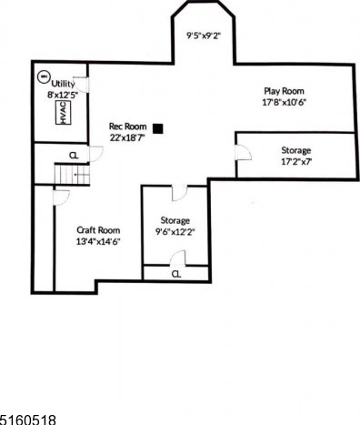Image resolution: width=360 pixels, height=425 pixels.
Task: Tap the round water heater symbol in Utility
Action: pyautogui.click(x=43, y=78)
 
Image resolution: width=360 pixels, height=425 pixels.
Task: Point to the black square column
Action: pyautogui.click(x=158, y=128)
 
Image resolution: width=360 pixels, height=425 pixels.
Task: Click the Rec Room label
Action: pyautogui.click(x=127, y=126)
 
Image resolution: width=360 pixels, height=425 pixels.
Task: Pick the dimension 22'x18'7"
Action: pyautogui.click(x=128, y=137)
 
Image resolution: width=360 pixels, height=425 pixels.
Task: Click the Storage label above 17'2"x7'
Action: pyautogui.click(x=295, y=150)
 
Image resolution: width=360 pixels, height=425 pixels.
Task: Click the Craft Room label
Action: pyautogui.click(x=98, y=230)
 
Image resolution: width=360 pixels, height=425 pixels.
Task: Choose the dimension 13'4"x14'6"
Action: pyautogui.click(x=98, y=241)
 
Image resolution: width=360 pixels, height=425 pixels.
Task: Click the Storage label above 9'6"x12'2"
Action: pyautogui.click(x=175, y=220)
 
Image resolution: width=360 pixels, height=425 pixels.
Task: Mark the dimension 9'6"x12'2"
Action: pyautogui.click(x=175, y=231)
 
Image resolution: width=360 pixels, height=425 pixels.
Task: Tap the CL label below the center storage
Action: pyautogui.click(x=176, y=273)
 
